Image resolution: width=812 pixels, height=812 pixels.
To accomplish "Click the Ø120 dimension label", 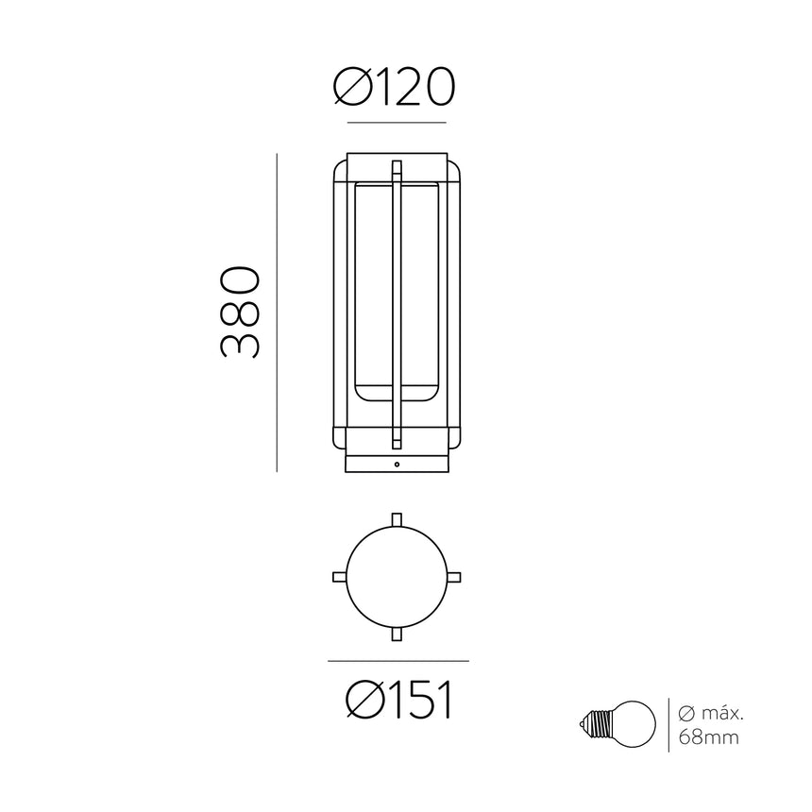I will (396, 89).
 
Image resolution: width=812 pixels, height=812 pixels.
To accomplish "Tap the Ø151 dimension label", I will (398, 701).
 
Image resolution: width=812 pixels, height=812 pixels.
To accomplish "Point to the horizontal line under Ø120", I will (397, 123).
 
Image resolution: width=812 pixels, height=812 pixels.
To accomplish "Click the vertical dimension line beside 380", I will (277, 312).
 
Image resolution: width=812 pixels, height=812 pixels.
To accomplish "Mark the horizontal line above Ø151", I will (398, 660).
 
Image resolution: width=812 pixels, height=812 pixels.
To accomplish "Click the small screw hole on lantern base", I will (398, 465).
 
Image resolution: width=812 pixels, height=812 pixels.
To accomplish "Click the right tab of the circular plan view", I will (456, 577).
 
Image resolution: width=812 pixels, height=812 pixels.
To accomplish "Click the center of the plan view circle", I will (398, 577).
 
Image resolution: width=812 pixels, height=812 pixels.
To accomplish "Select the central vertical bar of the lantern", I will (398, 302).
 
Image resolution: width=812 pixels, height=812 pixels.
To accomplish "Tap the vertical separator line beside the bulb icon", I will (668, 725).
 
